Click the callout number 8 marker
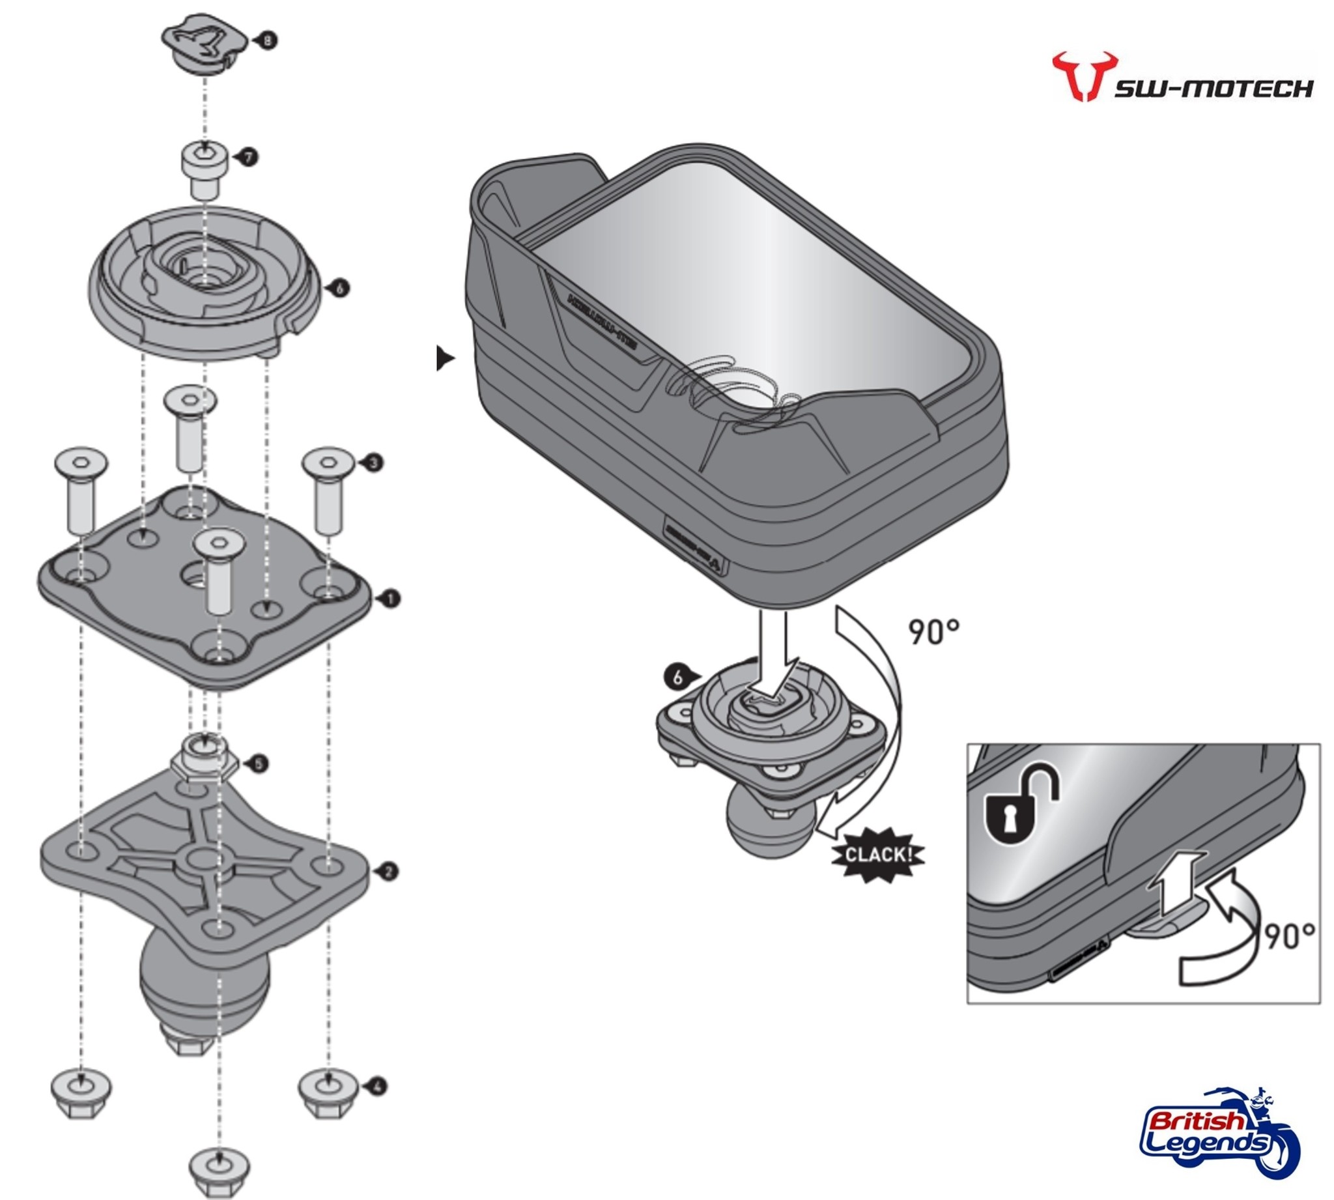pyautogui.click(x=267, y=40)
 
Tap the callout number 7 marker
pyautogui.click(x=248, y=157)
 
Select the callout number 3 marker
pyautogui.click(x=373, y=463)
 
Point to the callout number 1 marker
pyautogui.click(x=390, y=599)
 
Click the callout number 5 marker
pyautogui.click(x=259, y=764)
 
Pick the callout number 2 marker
pyautogui.click(x=389, y=872)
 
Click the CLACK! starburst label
pyautogui.click(x=878, y=855)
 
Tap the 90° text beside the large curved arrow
pyautogui.click(x=933, y=632)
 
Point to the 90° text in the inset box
pyautogui.click(x=1288, y=935)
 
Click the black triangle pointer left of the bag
pyautogui.click(x=445, y=360)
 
